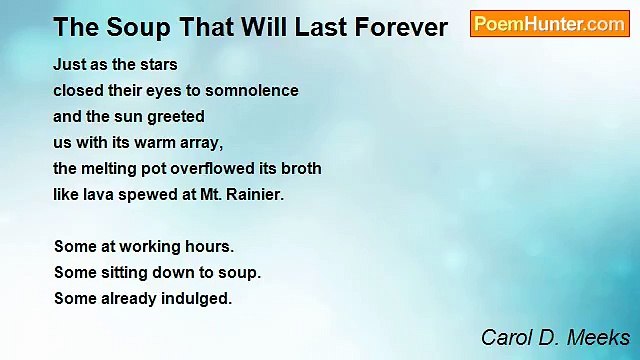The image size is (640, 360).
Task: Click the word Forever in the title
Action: click(x=396, y=27)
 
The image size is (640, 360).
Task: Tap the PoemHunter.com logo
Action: click(x=549, y=24)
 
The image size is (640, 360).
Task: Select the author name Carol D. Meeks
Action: click(x=555, y=337)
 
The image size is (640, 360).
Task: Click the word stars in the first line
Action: click(x=157, y=64)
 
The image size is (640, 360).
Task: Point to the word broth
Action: click(x=301, y=168)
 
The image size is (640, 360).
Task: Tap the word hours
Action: click(x=211, y=246)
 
